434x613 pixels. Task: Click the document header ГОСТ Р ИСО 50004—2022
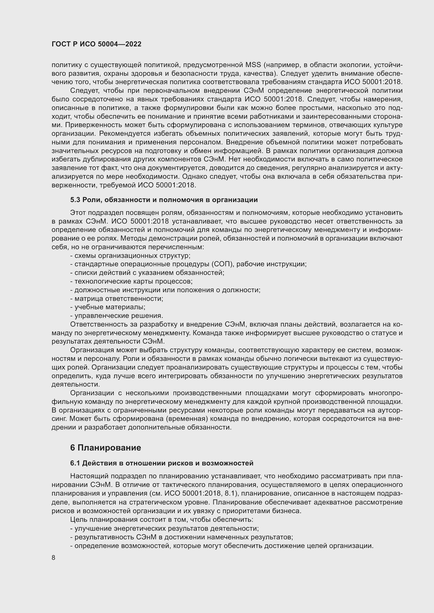click(x=97, y=44)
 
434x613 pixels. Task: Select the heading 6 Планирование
click(x=105, y=447)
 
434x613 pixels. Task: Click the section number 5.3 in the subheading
click(x=75, y=200)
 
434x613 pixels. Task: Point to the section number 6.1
click(x=75, y=463)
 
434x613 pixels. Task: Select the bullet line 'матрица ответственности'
click(x=117, y=299)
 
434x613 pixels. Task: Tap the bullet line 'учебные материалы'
click(x=108, y=307)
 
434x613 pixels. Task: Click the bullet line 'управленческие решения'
click(x=117, y=316)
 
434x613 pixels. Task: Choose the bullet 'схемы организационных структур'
click(x=130, y=256)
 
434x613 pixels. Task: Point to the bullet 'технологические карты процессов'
click(x=131, y=281)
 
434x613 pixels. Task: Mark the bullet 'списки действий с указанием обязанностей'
click(x=147, y=273)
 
